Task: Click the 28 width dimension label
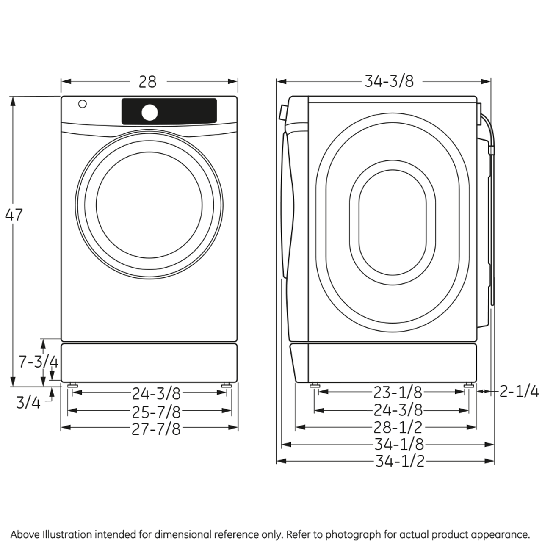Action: point(147,82)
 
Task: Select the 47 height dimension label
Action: point(14,215)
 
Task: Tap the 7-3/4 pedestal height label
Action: point(38,362)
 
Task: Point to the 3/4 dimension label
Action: point(28,402)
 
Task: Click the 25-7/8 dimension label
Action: point(156,411)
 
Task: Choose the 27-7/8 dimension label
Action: point(156,429)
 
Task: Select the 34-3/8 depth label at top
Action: point(389,81)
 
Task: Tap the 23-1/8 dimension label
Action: point(398,393)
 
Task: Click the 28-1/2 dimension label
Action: point(398,427)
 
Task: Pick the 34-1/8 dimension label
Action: point(399,445)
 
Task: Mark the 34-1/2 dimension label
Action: point(399,461)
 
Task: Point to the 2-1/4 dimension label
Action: point(519,392)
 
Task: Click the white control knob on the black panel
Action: point(149,113)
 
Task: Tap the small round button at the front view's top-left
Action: point(83,104)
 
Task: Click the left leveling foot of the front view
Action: point(72,385)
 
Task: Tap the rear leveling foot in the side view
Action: point(468,385)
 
